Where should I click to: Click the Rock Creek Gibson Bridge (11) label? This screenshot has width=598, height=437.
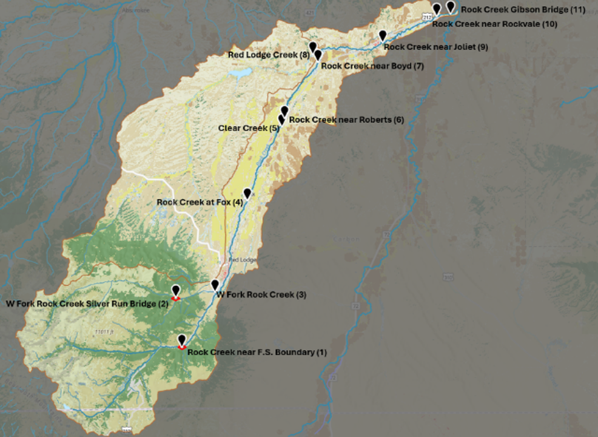tap(522, 10)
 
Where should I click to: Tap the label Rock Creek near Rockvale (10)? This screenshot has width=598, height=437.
tap(494, 24)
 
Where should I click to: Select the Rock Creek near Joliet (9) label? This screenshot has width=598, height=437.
tap(435, 47)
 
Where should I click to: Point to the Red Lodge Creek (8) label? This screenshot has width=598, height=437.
tap(269, 55)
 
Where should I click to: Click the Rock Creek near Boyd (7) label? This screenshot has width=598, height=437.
tap(372, 66)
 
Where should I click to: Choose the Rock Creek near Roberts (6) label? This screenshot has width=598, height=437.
tap(346, 120)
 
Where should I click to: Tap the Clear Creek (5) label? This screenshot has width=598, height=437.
tap(249, 128)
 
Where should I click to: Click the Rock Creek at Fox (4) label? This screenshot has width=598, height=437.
tap(200, 202)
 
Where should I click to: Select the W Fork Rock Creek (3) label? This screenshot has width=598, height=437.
tap(261, 295)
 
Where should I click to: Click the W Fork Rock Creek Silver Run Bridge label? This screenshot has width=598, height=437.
tap(87, 303)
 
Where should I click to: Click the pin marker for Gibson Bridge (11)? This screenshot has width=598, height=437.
tap(451, 6)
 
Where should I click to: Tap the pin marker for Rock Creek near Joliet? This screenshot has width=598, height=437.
tap(383, 35)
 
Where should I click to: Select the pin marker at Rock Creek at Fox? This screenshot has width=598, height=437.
tap(247, 194)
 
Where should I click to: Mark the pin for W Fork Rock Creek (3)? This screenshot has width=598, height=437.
tap(215, 285)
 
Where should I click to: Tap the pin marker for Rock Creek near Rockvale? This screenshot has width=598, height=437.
tap(437, 8)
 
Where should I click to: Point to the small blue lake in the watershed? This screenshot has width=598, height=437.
tap(240, 73)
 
